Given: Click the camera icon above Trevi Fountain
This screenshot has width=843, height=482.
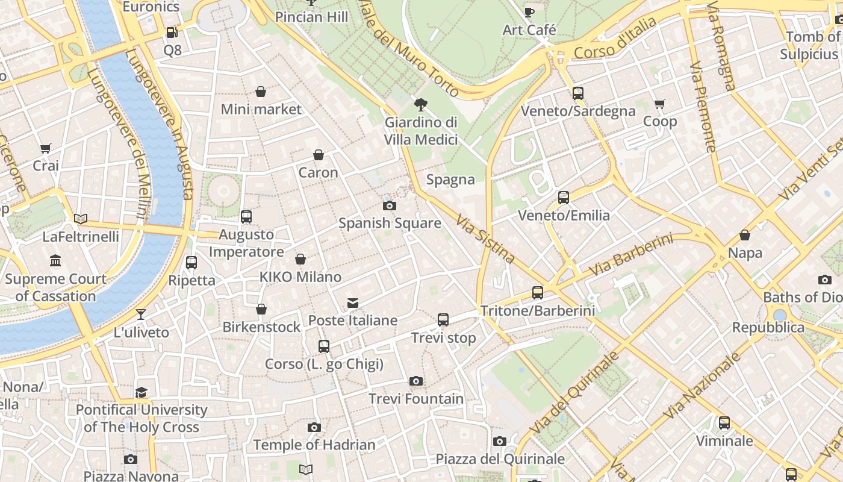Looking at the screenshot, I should [x=415, y=381].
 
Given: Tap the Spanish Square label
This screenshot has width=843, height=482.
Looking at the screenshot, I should [x=390, y=223].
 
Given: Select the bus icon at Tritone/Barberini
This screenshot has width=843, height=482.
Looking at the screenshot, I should [x=538, y=293].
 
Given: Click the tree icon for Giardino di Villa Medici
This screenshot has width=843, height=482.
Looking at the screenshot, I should [x=420, y=105].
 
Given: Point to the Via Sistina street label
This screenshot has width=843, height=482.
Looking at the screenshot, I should [x=485, y=239].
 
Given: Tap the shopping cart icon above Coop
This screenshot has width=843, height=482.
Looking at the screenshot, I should [x=660, y=104].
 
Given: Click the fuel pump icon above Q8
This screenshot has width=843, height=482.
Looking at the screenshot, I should [x=172, y=33].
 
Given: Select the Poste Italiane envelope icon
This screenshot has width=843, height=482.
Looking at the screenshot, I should [x=353, y=302].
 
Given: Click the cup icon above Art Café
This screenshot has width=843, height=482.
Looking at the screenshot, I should [x=529, y=12].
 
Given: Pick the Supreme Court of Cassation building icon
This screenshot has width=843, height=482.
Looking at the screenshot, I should [x=55, y=261].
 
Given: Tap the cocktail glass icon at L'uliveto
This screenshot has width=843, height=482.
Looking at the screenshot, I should [x=141, y=314].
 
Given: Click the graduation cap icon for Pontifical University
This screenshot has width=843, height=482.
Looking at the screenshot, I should [x=141, y=392].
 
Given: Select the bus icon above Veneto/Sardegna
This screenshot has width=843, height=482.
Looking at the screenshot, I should [x=578, y=93].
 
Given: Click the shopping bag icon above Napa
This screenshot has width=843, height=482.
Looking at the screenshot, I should [x=745, y=235].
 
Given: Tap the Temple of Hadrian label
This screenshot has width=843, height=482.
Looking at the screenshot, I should [x=314, y=445].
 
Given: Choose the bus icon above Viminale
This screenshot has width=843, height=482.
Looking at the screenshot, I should [x=724, y=423].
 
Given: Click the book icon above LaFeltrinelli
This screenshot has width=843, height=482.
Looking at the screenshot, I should [x=81, y=219].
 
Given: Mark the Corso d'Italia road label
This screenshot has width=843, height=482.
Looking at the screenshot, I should [x=615, y=38].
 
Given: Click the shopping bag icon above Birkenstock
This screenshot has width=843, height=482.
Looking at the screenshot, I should [x=261, y=309].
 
